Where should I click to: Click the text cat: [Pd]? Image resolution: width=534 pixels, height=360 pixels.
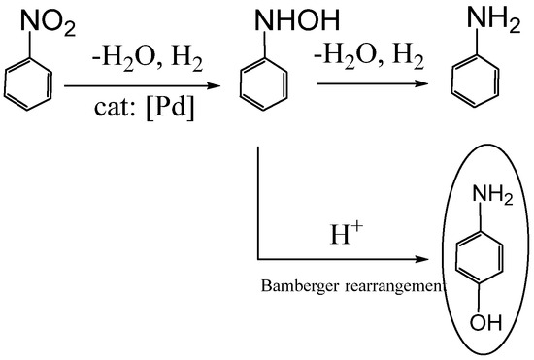[140, 107]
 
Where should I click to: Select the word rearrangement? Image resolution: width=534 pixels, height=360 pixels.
[394, 286]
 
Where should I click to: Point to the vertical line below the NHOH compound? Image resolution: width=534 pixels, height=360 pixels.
[257, 204]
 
